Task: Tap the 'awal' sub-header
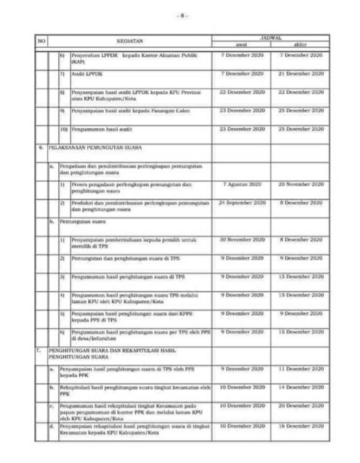[242, 44]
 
